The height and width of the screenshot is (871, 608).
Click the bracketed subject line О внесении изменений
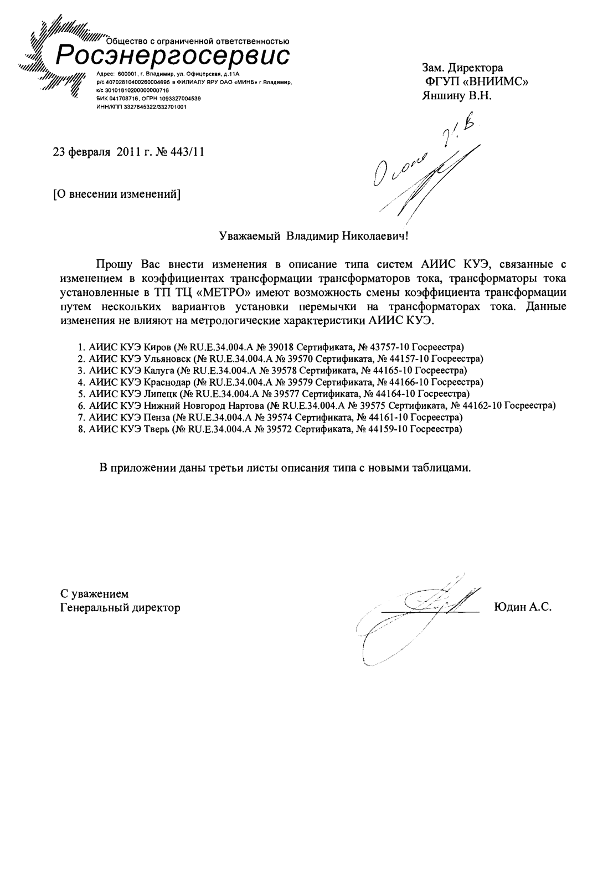click(x=117, y=194)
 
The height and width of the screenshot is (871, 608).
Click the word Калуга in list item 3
click(x=160, y=370)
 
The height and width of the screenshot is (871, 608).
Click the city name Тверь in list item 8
click(x=157, y=429)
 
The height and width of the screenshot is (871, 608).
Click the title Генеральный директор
click(x=120, y=608)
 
